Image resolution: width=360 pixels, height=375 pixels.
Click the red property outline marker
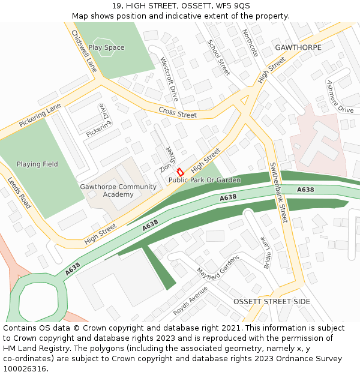(179, 172)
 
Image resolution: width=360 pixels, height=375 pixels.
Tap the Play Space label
(106, 47)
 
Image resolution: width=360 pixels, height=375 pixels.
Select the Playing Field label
(37, 164)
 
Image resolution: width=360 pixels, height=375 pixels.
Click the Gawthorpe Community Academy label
(118, 190)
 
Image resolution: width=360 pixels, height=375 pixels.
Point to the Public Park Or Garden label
(205, 180)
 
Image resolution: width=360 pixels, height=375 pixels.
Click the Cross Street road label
(178, 112)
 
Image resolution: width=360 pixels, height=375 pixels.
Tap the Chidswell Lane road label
(83, 51)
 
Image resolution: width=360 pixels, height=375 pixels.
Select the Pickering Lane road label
(40, 115)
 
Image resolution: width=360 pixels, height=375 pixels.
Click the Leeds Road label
(19, 192)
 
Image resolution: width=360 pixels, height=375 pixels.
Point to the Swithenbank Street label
(278, 193)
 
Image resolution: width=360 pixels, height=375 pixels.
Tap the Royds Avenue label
(190, 301)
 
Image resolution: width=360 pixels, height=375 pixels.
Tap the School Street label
(218, 58)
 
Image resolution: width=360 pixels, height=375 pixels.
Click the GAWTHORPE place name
(298, 47)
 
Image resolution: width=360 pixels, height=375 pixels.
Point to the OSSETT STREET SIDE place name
(272, 301)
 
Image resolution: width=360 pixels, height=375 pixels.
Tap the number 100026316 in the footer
(25, 369)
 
